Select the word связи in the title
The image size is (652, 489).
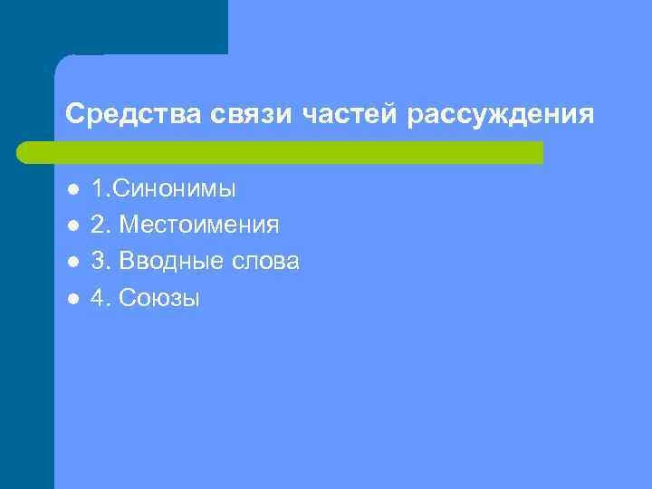click(234, 115)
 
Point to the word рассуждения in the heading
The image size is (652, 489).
click(502, 115)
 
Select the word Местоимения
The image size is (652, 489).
click(199, 225)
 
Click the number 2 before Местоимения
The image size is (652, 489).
click(97, 225)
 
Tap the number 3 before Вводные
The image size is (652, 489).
click(97, 262)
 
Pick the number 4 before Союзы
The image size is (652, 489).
click(97, 298)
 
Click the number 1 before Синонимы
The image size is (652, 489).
click(97, 189)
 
